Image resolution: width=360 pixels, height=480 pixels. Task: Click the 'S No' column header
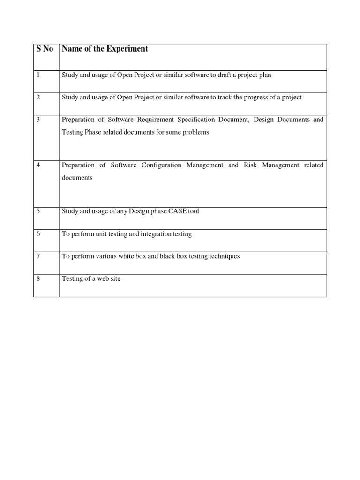pos(45,49)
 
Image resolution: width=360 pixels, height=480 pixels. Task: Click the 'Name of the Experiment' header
pos(105,49)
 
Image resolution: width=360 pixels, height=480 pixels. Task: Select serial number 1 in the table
pos(37,75)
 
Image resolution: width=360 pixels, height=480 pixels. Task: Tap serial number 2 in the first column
pos(38,97)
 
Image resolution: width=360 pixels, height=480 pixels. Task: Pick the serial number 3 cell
pos(38,120)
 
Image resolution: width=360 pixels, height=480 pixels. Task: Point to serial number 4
pos(38,165)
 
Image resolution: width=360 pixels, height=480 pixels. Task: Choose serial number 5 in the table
pos(38,211)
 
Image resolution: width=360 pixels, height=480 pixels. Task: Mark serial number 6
pos(38,234)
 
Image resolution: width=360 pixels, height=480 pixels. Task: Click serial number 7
pos(38,256)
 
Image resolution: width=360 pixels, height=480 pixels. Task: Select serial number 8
pos(38,279)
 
